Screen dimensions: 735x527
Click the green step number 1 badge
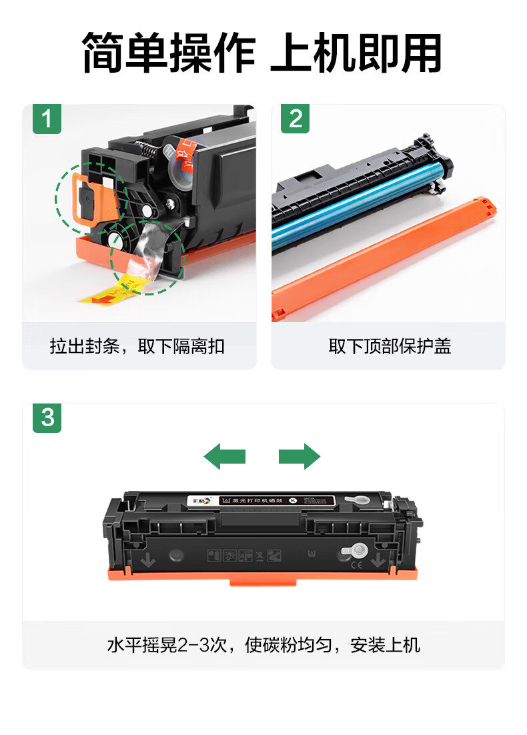47,119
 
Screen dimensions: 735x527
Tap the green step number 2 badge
295,119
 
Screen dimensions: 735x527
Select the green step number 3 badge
47,418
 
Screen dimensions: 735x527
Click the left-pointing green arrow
225,457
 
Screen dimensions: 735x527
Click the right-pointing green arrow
300,457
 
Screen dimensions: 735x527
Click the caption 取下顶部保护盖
389,346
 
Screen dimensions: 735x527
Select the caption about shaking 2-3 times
263,645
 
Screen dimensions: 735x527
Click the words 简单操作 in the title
169,53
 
